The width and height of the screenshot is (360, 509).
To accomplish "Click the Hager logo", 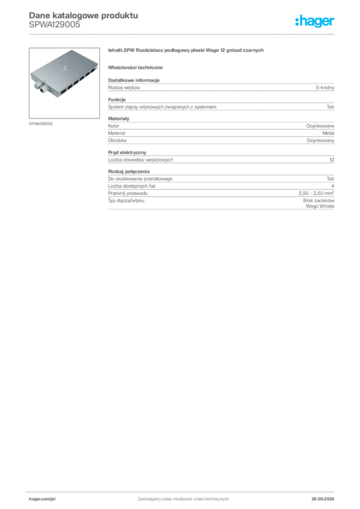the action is pos(315,21).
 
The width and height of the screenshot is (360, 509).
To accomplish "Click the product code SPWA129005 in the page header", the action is pos(55,25).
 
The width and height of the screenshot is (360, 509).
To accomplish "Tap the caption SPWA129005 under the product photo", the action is pos(41,124).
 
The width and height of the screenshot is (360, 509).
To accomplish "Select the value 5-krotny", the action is pos(325,87).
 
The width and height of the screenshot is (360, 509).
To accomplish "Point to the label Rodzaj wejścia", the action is pos(124,87).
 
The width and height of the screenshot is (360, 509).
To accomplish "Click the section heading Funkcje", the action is pos(117,99).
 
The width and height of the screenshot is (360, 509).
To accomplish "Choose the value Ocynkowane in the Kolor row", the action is pos(320,126).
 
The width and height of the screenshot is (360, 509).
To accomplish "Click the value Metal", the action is pos(328,133).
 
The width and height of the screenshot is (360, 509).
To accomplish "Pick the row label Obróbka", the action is pos(117,141).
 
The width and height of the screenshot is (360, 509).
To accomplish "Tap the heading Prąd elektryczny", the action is pos(127,153).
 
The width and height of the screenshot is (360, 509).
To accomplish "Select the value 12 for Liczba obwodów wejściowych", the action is pos(332,160).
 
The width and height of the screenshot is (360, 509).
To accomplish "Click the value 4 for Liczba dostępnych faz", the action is pos(333,186).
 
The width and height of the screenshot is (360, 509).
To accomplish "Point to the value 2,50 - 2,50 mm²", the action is pos(317,193).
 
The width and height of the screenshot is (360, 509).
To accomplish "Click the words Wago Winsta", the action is pos(320,206).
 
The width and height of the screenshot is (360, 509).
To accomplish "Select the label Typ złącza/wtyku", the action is pos(126,201).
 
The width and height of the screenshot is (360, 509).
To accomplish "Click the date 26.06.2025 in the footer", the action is pos(323,499).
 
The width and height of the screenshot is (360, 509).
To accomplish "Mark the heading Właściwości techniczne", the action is pos(135,68).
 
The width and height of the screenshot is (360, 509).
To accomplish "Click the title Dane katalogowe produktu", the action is pos(84,15).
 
